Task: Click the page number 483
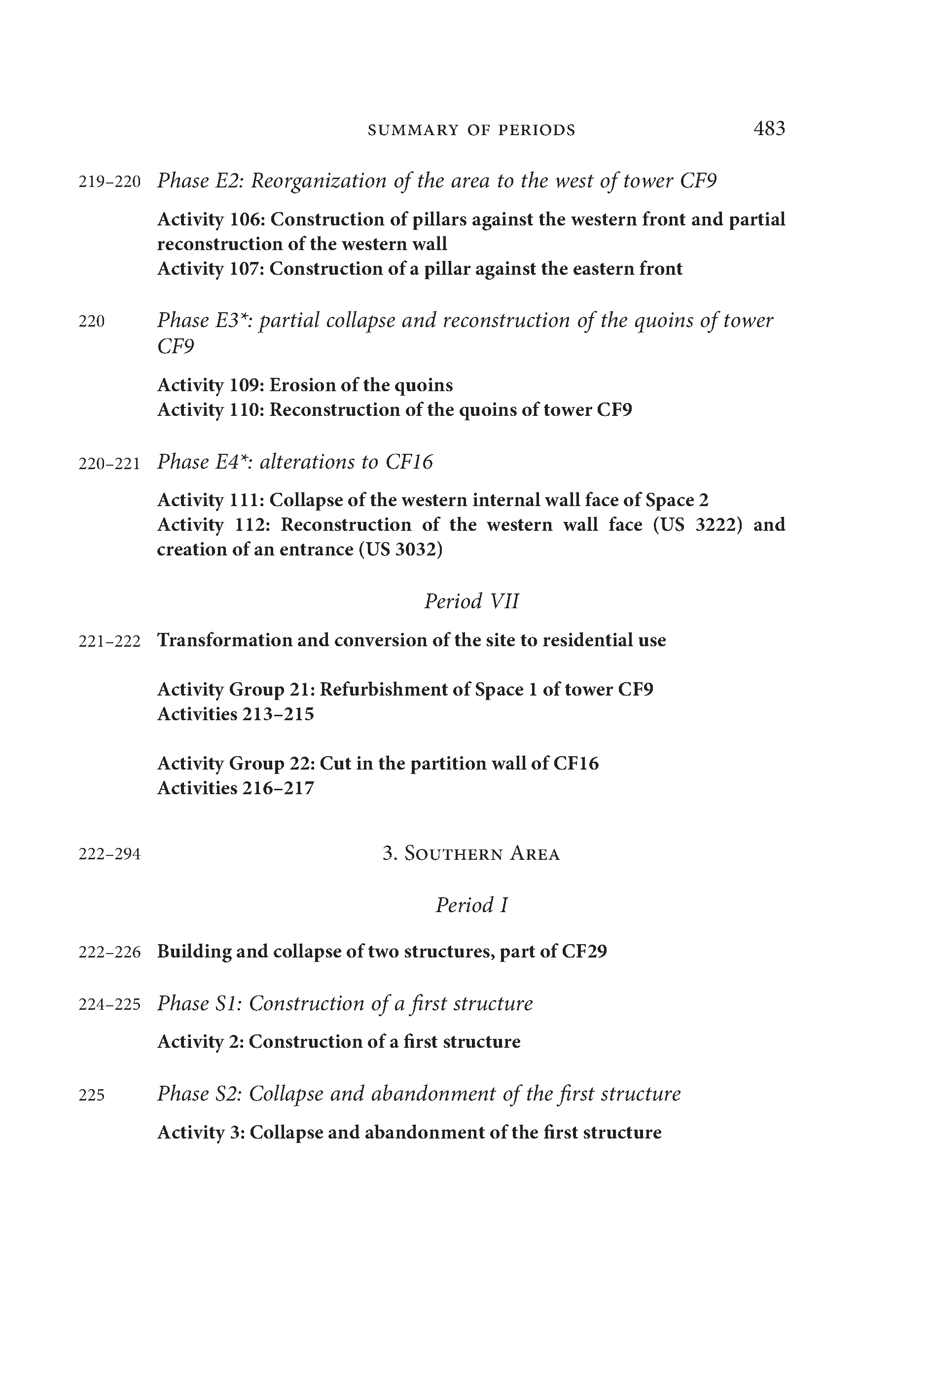(769, 128)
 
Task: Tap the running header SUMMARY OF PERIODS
(471, 130)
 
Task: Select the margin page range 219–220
(109, 182)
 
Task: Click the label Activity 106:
(212, 220)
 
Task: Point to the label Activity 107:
(212, 269)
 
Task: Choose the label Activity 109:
(212, 385)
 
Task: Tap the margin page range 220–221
(109, 464)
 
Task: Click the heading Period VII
(471, 602)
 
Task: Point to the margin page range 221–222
(109, 641)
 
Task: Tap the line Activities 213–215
(235, 714)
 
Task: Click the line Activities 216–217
(235, 788)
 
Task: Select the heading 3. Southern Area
(471, 854)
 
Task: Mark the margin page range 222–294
(109, 854)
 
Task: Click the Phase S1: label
(200, 1003)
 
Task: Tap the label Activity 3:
(202, 1133)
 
